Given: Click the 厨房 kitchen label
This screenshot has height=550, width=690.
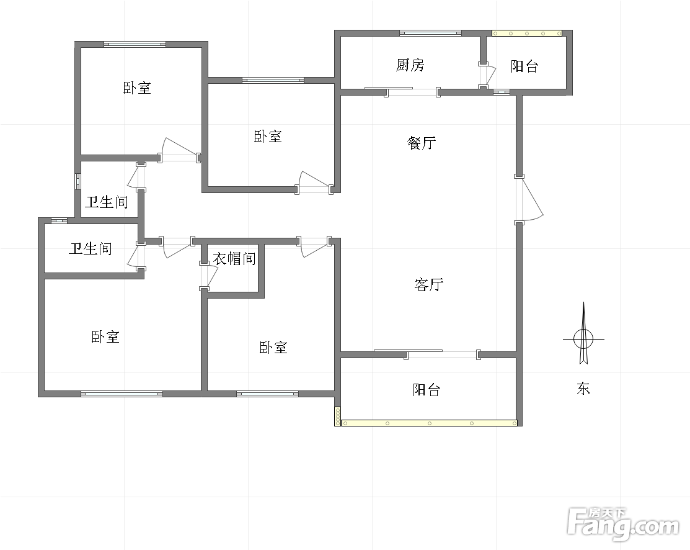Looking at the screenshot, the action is pos(410,65).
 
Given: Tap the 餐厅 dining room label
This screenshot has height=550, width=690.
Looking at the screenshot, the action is pos(422,143).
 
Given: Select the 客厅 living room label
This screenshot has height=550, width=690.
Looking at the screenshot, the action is pos(428,284).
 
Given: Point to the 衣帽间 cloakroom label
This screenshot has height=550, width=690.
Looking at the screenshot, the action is pos(234,258).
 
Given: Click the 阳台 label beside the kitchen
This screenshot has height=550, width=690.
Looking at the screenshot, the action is pos(524,66).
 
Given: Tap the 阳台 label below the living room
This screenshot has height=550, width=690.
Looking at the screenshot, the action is pos(426,390).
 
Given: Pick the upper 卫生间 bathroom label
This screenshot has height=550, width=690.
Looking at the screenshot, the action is pos(107,202).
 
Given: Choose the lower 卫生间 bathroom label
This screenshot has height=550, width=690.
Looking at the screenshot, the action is pos(91,248).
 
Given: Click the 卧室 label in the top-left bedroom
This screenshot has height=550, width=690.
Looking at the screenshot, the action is pos(137,88).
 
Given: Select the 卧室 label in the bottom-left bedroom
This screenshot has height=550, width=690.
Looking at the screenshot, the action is pos(105,337).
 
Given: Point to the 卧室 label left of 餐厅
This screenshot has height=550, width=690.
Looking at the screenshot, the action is pos(268,136).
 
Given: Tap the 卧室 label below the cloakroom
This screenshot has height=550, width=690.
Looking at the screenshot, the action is pos(273,347).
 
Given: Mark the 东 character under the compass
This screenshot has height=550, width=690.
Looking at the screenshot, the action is pos(583,388).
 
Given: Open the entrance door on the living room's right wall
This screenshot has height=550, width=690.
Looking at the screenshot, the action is pos(528,199).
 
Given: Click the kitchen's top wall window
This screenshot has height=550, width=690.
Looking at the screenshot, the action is pos(430,33).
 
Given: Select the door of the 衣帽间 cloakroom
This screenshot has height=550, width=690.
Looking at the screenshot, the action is pos(208,276).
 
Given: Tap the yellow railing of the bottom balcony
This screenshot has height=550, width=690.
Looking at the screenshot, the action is pos(430,423).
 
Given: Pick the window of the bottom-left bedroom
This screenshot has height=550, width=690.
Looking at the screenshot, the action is pos(122,394).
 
